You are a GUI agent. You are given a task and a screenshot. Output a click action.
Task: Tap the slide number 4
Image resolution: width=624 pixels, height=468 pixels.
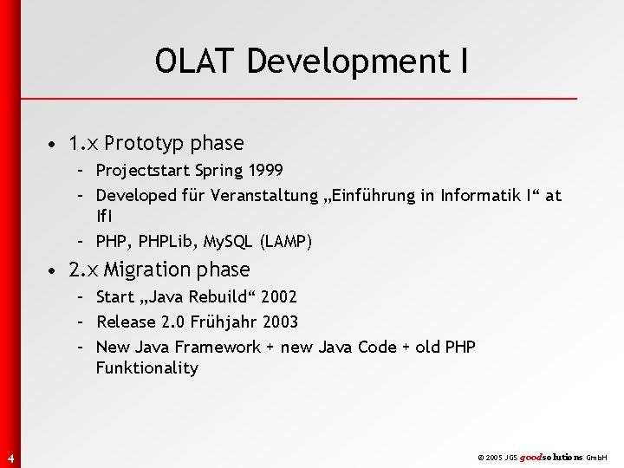[9, 458]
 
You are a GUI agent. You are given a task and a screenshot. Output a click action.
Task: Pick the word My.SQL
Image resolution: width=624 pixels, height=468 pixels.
[226, 240]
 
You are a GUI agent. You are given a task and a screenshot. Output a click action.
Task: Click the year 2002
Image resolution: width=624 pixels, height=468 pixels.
[278, 297]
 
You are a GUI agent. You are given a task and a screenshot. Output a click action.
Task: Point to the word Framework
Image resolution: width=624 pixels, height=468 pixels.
[217, 347]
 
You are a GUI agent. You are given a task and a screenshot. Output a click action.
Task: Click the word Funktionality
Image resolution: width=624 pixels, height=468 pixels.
[147, 367]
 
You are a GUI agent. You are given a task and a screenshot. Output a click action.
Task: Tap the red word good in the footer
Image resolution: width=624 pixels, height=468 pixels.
[531, 456]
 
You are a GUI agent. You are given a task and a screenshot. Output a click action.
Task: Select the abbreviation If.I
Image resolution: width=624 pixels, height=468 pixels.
[104, 214]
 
